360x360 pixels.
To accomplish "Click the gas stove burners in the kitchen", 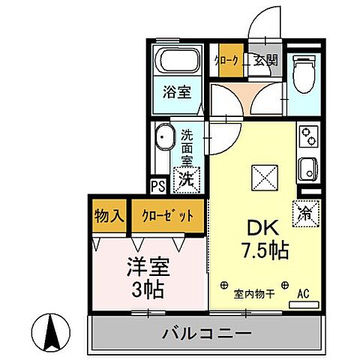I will tap(308, 135).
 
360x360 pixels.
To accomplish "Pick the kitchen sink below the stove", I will tap(308, 169).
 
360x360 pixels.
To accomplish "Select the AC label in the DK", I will tap(304, 293).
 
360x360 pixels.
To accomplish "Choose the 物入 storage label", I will tap(109, 216).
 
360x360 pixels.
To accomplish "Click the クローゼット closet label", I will tap(168, 216).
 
